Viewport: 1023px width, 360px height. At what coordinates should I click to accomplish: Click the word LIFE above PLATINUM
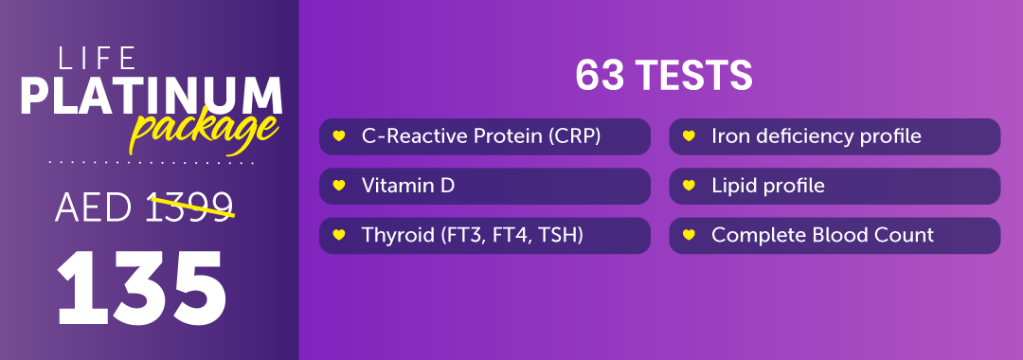(98, 58)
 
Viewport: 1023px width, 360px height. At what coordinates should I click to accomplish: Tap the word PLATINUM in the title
(152, 97)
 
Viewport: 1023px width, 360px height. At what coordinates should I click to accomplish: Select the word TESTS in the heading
(695, 77)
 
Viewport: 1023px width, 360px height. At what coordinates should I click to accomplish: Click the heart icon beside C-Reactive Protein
(338, 136)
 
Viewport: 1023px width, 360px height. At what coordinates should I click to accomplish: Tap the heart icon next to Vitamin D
(338, 186)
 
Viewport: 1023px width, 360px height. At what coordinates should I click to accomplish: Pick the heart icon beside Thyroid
(338, 235)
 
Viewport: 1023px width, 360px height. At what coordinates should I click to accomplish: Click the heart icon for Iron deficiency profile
(689, 136)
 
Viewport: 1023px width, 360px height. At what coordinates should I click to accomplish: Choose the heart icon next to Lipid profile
(689, 186)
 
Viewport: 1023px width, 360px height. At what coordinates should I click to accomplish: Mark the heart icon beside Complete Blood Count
(689, 235)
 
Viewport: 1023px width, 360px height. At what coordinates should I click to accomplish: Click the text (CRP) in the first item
(575, 136)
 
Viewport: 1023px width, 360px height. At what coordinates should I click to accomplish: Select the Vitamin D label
(407, 186)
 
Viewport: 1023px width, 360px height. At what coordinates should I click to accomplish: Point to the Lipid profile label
(768, 186)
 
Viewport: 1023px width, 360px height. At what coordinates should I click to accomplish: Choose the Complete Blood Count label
(823, 235)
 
